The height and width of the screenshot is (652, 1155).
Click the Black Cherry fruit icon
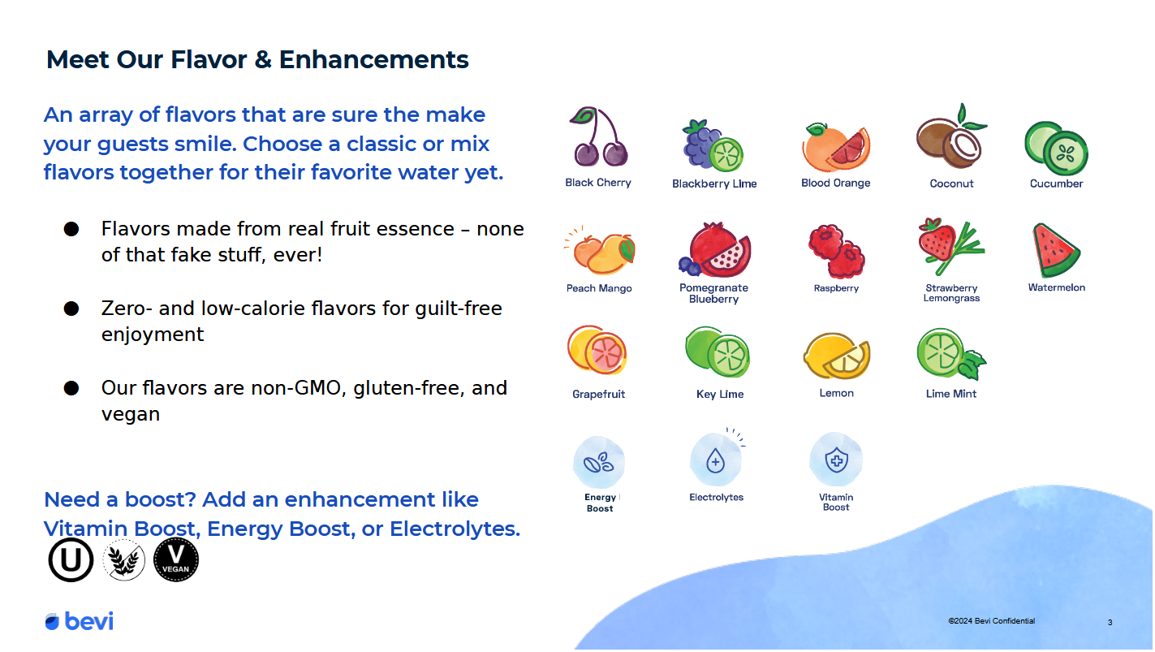598,136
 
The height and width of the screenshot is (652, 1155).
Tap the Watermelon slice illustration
1055,251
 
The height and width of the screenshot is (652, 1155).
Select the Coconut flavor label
951,184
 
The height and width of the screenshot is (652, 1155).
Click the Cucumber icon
1056,149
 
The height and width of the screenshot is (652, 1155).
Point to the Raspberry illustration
836,251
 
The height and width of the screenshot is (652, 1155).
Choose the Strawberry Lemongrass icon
950,247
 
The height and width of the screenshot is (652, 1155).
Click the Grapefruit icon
597,350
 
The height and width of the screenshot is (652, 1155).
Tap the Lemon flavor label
836,393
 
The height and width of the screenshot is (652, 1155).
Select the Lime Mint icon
951,354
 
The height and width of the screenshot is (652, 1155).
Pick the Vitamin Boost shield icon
836,460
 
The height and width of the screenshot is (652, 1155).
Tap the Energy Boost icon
599,462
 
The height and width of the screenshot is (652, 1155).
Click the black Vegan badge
176,559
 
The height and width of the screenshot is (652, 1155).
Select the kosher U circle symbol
71,559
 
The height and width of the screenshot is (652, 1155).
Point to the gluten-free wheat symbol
123,560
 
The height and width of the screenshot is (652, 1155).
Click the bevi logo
79,621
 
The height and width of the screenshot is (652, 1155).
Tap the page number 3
1110,623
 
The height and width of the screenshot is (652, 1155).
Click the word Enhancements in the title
374,59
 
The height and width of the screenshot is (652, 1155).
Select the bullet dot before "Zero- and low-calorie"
71,309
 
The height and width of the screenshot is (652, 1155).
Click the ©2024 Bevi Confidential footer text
991,621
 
